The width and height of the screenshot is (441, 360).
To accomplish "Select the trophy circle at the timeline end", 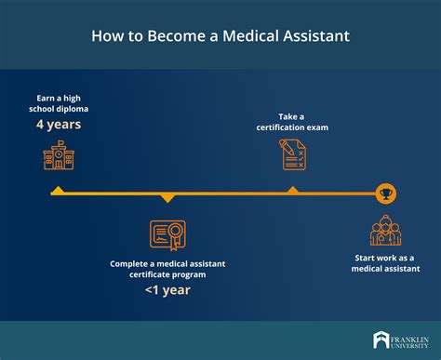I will [385, 193].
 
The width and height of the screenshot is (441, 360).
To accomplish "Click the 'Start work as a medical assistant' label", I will [385, 263].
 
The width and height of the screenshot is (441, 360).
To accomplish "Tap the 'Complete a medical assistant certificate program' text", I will [167, 269].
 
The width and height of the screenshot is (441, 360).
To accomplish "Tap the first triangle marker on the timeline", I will [57, 191].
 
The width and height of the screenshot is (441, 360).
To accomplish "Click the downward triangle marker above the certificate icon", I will [167, 197].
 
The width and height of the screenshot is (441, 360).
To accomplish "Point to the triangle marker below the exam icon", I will [293, 191].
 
